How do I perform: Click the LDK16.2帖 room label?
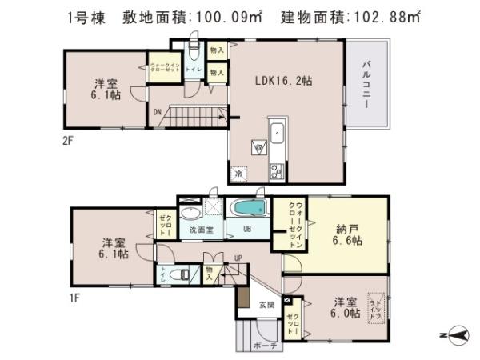[x=284, y=81]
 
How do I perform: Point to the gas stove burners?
[x=277, y=170]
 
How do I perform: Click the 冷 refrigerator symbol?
[x=239, y=173]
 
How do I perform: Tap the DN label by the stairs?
[x=158, y=112]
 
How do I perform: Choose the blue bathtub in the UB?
[x=248, y=208]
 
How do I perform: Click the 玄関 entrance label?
[x=266, y=304]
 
